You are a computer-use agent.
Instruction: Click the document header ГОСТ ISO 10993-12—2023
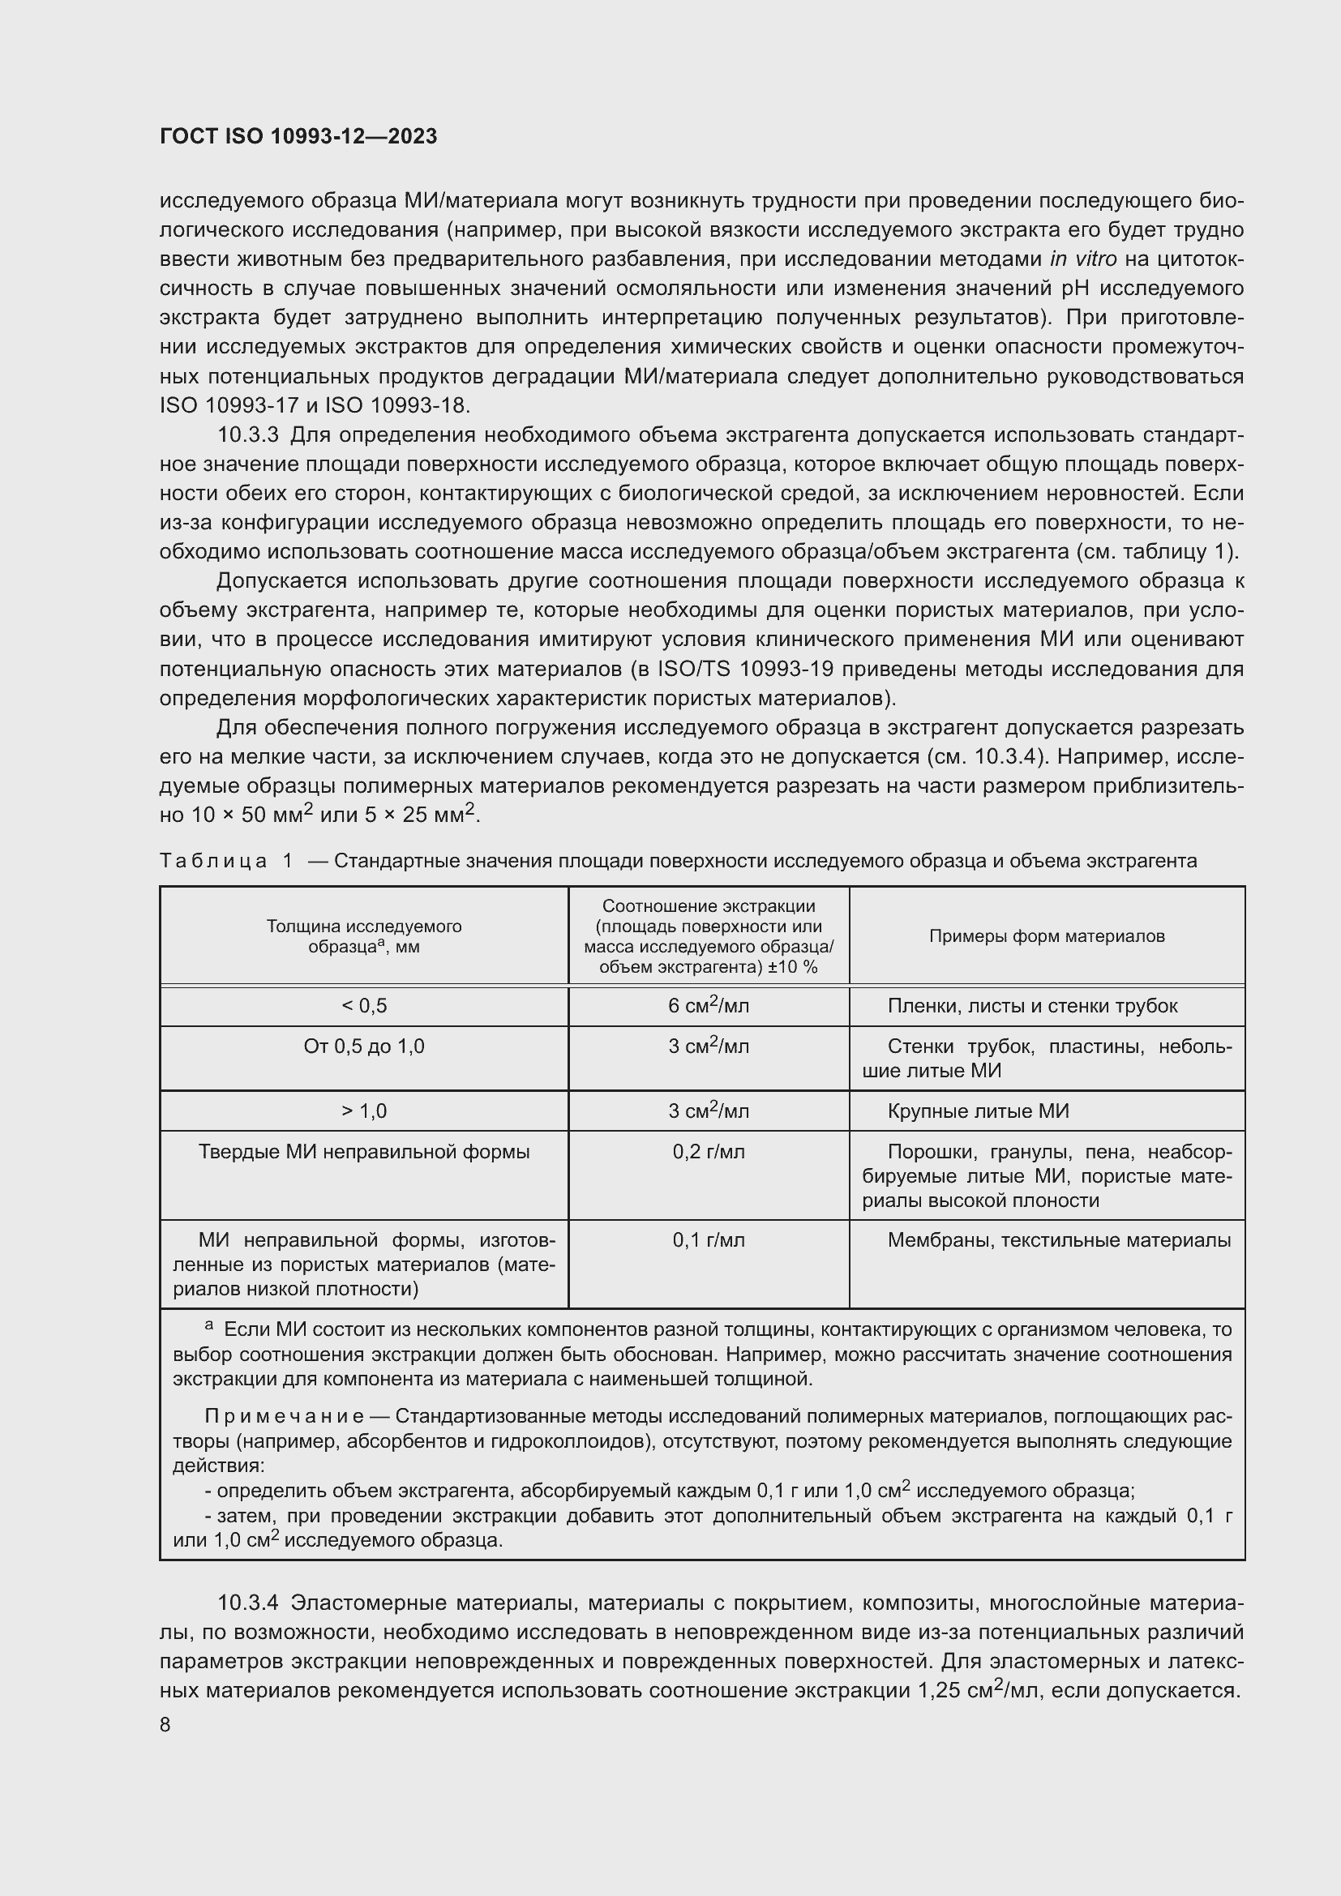pyautogui.click(x=298, y=137)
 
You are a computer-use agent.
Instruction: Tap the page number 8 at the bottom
pyautogui.click(x=165, y=1724)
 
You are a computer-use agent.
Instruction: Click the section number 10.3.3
pyautogui.click(x=249, y=435)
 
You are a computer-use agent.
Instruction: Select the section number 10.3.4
pyautogui.click(x=249, y=1603)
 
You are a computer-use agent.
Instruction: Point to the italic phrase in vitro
pyautogui.click(x=1082, y=259)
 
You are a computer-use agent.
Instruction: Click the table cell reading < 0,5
pyautogui.click(x=364, y=1006)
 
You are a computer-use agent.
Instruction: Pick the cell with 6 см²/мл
pyautogui.click(x=709, y=1006)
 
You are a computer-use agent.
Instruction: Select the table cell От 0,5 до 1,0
pyautogui.click(x=364, y=1046)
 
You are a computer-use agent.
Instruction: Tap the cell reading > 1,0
pyautogui.click(x=364, y=1111)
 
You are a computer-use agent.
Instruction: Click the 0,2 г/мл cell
pyautogui.click(x=709, y=1151)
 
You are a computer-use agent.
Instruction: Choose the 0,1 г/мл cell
pyautogui.click(x=709, y=1240)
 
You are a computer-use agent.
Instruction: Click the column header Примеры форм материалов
pyautogui.click(x=1046, y=935)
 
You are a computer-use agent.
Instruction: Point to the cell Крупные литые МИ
pyautogui.click(x=978, y=1111)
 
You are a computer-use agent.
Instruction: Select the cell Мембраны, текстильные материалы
pyautogui.click(x=1059, y=1240)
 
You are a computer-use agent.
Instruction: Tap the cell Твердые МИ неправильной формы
pyautogui.click(x=364, y=1151)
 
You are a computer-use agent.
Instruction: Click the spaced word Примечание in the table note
pyautogui.click(x=283, y=1416)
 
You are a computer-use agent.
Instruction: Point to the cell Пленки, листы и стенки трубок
pyautogui.click(x=1032, y=1006)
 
